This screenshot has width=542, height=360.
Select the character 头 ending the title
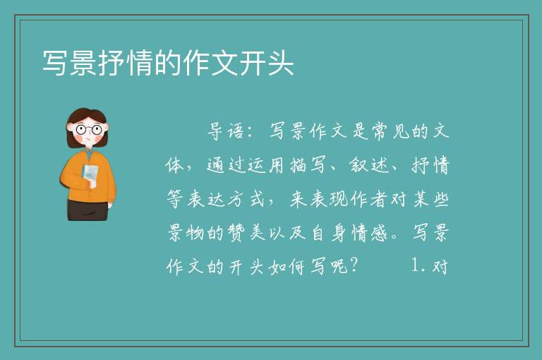tap(280, 63)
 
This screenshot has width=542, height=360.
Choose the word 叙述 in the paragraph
tap(368, 165)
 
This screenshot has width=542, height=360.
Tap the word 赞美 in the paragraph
tap(246, 233)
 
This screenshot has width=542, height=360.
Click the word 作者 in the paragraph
tap(368, 199)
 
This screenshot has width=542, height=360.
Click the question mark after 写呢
tap(354, 266)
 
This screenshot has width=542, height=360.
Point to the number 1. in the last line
tap(418, 266)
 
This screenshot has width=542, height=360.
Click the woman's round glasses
tap(89, 130)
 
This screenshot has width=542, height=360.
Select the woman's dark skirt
tap(88, 210)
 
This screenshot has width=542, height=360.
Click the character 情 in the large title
tap(140, 63)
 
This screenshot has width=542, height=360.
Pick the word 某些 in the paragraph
tap(430, 199)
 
